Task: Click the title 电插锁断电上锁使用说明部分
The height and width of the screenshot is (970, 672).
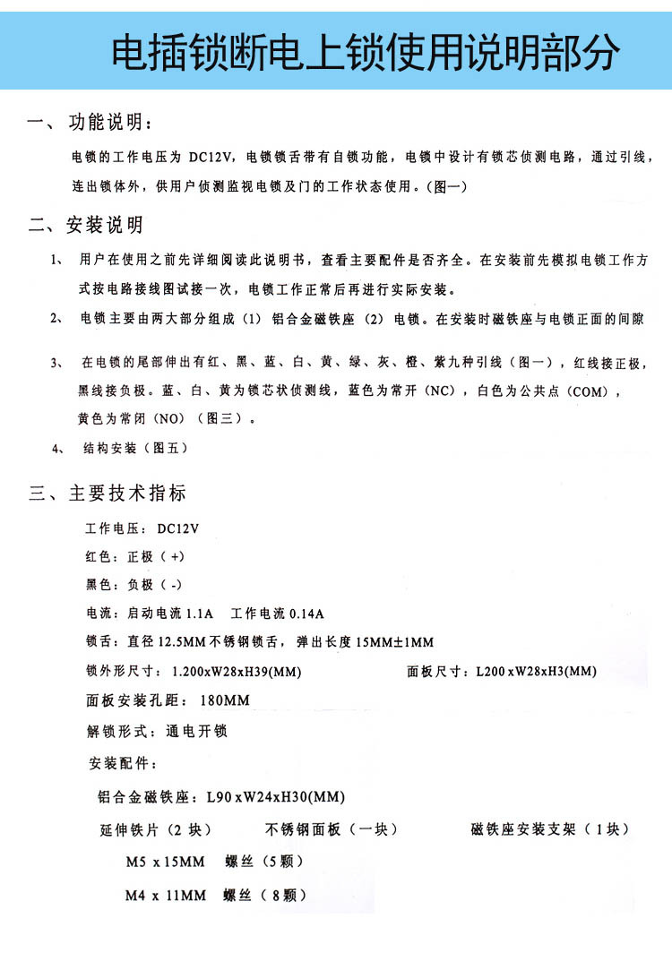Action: click(365, 53)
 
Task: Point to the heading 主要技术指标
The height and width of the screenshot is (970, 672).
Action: click(127, 493)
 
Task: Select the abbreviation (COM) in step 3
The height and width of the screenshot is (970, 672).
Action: click(590, 391)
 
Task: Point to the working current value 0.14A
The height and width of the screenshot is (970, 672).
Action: click(306, 614)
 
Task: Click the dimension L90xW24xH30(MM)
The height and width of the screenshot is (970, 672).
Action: click(275, 797)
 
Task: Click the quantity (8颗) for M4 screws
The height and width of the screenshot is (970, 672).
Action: click(283, 895)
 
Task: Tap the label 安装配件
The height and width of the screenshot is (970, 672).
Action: click(122, 764)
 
